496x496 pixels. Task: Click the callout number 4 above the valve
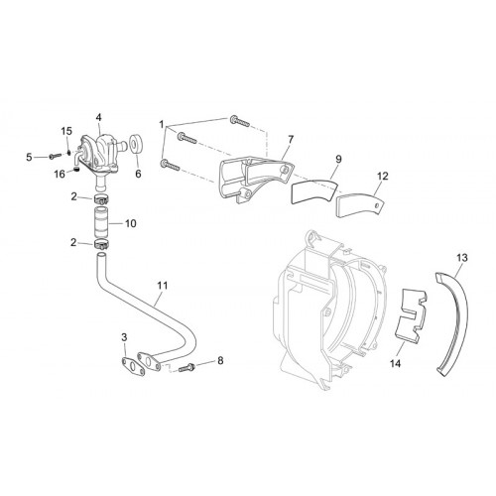[98, 117]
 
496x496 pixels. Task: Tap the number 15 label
[66, 131]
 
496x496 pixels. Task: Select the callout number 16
[60, 174]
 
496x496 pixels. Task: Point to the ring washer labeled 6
[135, 143]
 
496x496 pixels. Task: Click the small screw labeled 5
[55, 156]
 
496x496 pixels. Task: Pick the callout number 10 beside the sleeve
[131, 223]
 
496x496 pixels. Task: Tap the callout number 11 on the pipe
[163, 286]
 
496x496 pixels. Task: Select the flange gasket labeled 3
[134, 366]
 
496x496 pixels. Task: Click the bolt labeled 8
[186, 367]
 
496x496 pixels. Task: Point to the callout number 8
[220, 360]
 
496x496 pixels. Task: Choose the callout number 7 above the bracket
[291, 140]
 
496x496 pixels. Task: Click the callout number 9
[338, 160]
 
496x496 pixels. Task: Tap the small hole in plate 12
[377, 205]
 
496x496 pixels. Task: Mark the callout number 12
[382, 177]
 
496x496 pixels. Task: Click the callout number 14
[395, 363]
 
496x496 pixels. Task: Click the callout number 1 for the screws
[162, 125]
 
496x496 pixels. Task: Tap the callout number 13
[462, 257]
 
